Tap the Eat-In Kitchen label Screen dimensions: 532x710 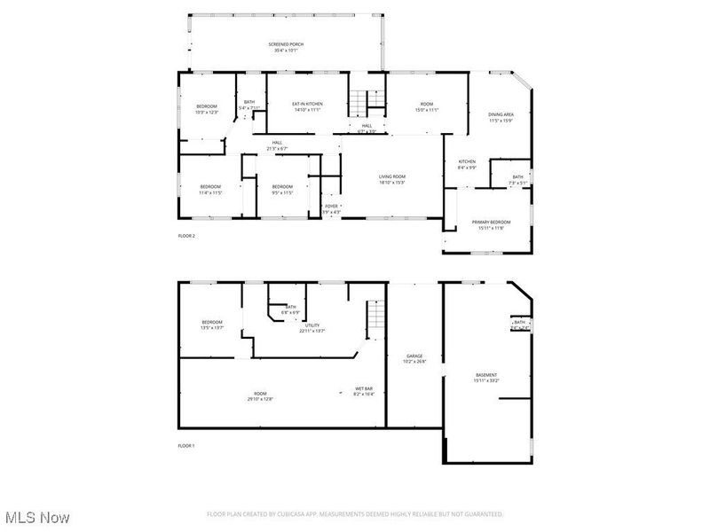coord(307,104)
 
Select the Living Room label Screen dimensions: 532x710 coord(391,176)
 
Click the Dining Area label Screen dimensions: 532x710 coord(501,114)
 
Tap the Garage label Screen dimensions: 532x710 coord(414,356)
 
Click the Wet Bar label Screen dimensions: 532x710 coord(365,388)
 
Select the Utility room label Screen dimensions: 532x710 coord(312,325)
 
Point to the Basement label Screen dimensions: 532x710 coord(486,375)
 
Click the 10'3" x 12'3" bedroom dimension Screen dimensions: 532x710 coord(206,113)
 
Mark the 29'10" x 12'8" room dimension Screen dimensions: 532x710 coord(260,399)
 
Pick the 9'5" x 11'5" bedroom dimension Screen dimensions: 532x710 coord(282,192)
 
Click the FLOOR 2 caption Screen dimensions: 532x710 coord(186,236)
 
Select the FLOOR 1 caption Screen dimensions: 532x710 coord(186,445)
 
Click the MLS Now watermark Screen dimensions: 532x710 coord(37,516)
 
